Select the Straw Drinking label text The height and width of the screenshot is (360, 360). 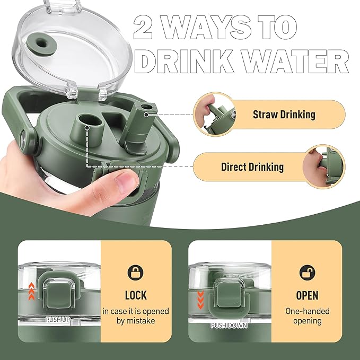(x=284, y=115)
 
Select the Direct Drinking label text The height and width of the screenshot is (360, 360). (x=252, y=167)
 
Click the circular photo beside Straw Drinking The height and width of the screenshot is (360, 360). (x=214, y=114)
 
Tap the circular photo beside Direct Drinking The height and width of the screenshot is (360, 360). (x=324, y=167)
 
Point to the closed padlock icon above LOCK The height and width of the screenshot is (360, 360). (x=135, y=273)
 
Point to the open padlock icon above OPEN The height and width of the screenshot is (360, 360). (x=307, y=273)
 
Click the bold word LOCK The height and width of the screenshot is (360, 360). (x=136, y=295)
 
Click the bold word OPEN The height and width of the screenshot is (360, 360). (x=307, y=295)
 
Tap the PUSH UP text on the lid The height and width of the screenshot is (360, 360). (x=58, y=320)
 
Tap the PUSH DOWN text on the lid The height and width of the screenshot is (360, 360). (x=229, y=326)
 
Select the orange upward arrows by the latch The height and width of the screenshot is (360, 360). (x=31, y=292)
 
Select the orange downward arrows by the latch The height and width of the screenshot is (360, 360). (x=200, y=300)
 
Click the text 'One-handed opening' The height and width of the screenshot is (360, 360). (x=307, y=315)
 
